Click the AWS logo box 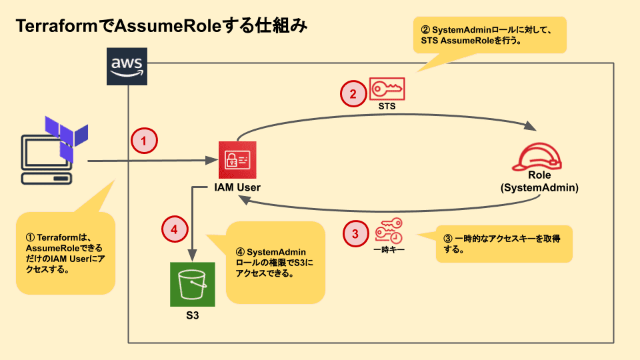point(127,67)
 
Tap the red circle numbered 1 point(144,141)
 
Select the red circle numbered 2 point(353,94)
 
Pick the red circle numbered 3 point(355,233)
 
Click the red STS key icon point(387,88)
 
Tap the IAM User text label point(237,188)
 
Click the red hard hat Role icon point(538,157)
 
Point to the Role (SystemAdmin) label point(539,181)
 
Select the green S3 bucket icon point(193,284)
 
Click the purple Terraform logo point(65,136)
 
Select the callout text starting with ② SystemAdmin point(491,35)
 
